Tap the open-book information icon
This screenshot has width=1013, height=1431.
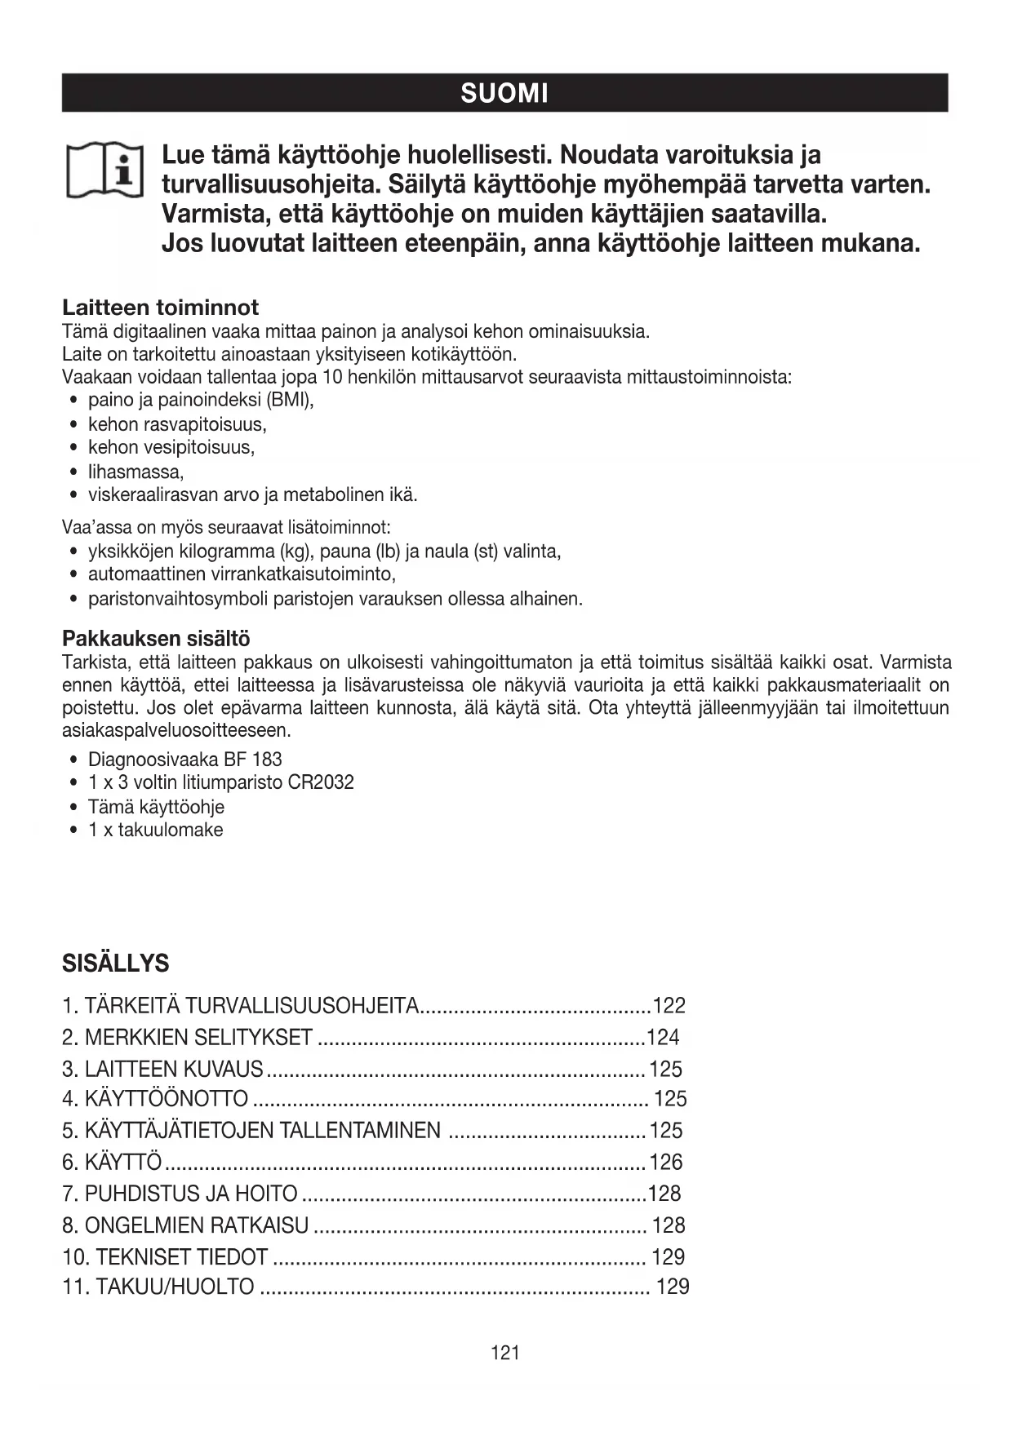pyautogui.click(x=104, y=171)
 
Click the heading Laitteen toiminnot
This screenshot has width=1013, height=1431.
pyautogui.click(x=160, y=308)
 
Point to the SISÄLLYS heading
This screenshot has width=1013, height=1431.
pyautogui.click(x=115, y=964)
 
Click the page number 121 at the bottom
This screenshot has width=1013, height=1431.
pyautogui.click(x=505, y=1353)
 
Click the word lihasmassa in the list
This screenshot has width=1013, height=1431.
pyautogui.click(x=135, y=472)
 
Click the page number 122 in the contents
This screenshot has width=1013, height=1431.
pyautogui.click(x=669, y=1005)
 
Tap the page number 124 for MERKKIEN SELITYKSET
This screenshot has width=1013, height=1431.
pyautogui.click(x=663, y=1037)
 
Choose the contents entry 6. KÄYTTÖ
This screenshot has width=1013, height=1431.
pyautogui.click(x=112, y=1162)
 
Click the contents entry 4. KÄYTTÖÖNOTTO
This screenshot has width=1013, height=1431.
pyautogui.click(x=155, y=1099)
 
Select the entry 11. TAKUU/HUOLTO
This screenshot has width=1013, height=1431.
pyautogui.click(x=158, y=1287)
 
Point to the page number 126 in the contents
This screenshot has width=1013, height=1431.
pyautogui.click(x=666, y=1162)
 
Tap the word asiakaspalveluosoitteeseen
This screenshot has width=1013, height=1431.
pyautogui.click(x=175, y=729)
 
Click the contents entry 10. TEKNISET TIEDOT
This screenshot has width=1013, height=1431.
pyautogui.click(x=165, y=1256)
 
